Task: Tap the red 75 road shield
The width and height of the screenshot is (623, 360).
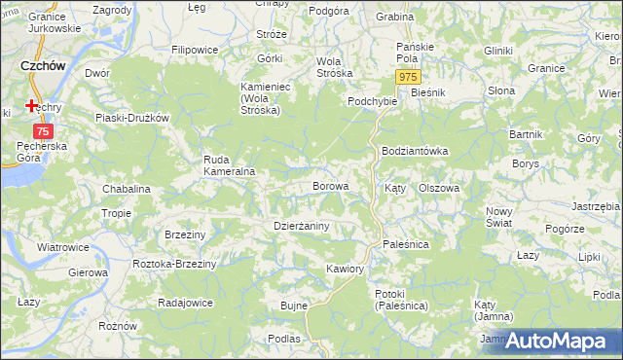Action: [42, 130]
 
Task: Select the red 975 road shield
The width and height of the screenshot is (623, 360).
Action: [409, 77]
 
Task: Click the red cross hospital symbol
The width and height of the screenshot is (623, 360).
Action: [32, 105]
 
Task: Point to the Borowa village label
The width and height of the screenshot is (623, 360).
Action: [329, 185]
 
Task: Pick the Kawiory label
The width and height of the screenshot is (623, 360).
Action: [346, 268]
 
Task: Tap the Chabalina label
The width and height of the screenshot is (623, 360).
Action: [126, 189]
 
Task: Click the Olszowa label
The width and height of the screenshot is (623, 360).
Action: [438, 189]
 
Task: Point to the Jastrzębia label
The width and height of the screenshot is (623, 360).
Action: [597, 206]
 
